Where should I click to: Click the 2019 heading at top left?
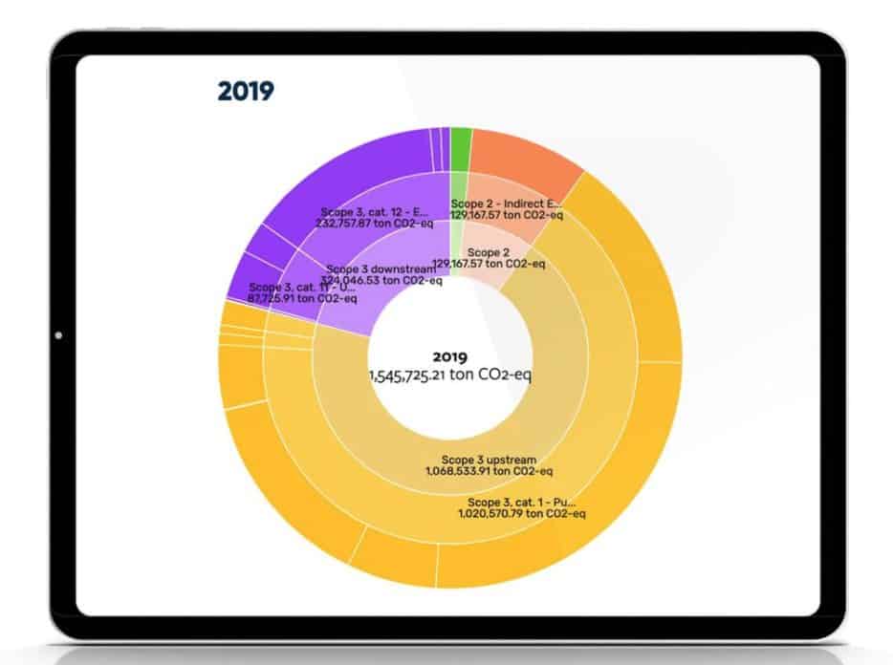point(246,92)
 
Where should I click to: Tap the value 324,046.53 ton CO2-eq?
point(382,281)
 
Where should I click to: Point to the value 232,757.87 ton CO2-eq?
point(375,222)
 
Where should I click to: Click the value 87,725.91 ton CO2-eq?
point(302,298)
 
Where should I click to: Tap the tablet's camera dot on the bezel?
point(59,335)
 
